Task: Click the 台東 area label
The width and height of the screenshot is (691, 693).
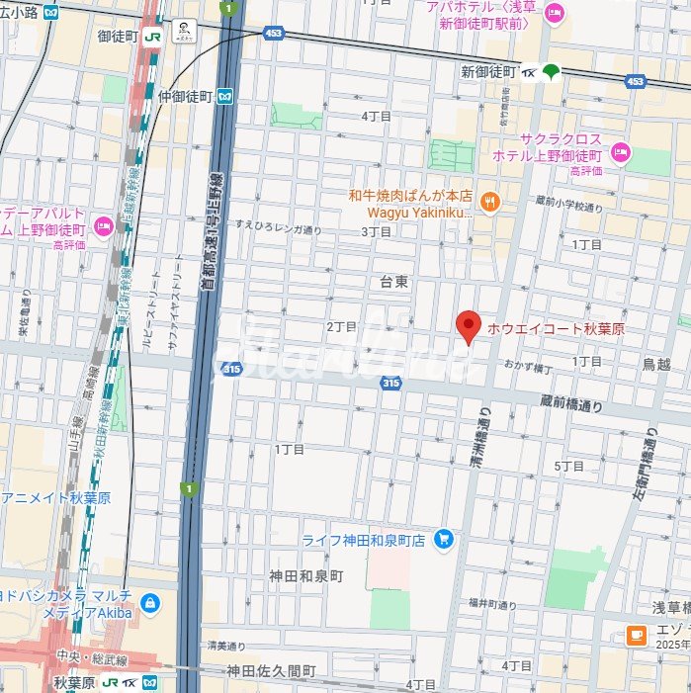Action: click(x=394, y=282)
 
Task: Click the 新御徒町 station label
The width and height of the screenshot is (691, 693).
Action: click(x=489, y=71)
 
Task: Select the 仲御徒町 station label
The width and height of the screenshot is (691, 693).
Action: click(x=185, y=96)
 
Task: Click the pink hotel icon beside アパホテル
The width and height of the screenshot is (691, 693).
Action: click(x=554, y=14)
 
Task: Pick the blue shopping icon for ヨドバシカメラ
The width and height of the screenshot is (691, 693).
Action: click(x=150, y=602)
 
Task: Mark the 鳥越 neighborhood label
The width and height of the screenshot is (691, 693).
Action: click(x=656, y=364)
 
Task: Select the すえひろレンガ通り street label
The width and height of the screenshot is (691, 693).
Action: click(x=278, y=225)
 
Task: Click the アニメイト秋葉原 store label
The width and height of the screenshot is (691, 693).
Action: click(x=47, y=497)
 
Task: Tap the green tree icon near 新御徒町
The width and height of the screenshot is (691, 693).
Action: click(x=552, y=70)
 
